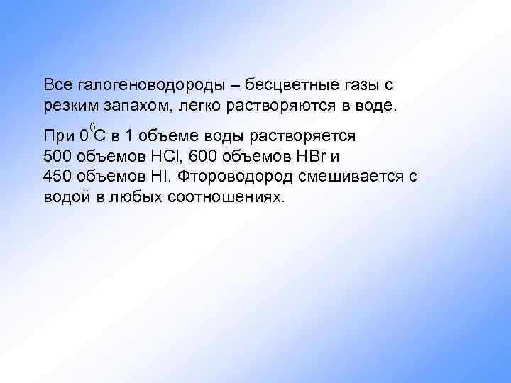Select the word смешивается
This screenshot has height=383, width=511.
pos(350,176)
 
